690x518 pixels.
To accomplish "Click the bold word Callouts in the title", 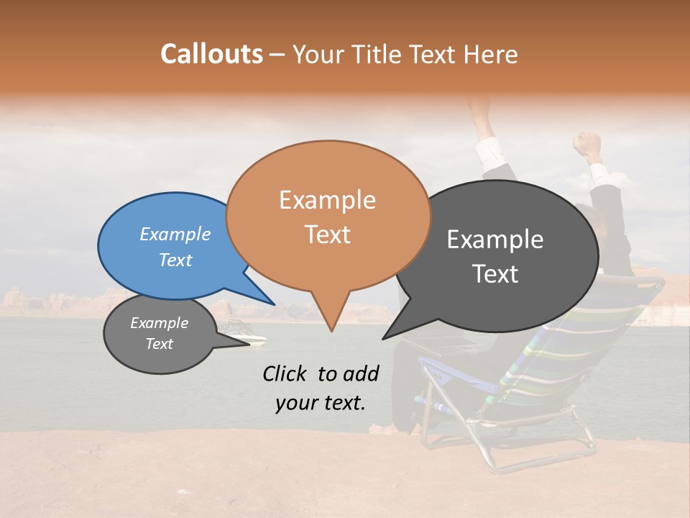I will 211,54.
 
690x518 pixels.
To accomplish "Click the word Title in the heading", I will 374,55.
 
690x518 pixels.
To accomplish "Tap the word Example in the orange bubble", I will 327,200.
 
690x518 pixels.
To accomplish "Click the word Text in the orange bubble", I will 327,235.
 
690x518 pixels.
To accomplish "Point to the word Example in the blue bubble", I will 175,234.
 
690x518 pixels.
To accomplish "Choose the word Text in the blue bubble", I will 175,260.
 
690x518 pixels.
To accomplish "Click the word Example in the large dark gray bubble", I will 494,240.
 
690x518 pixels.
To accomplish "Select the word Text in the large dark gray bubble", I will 496,274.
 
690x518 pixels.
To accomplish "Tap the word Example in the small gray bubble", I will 159,323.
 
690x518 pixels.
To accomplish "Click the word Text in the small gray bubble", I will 159,344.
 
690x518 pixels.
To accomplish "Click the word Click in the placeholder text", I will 285,373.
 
